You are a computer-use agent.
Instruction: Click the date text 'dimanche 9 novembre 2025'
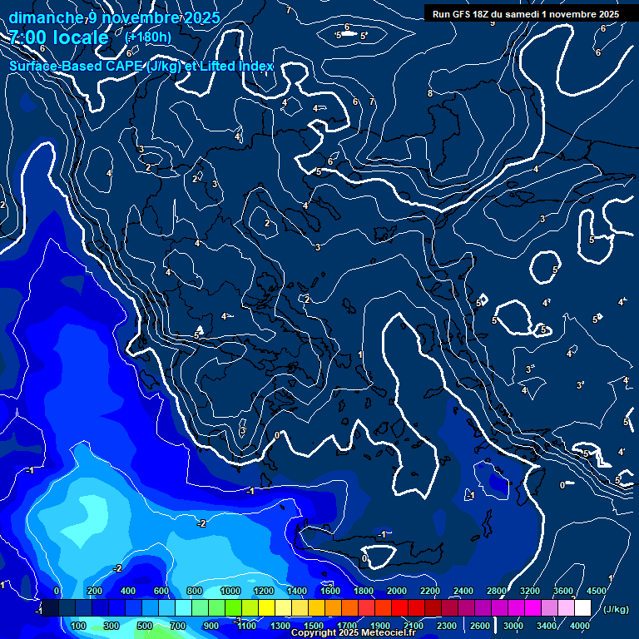[x=115, y=17]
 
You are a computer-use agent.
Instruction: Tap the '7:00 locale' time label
[x=58, y=37]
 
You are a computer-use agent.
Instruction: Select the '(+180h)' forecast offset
[x=148, y=37]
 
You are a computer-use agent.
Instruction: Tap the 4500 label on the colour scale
[x=597, y=590]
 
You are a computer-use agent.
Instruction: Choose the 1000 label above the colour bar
[x=230, y=590]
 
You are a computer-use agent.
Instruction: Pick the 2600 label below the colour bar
[x=480, y=626]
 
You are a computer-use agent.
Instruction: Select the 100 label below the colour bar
[x=79, y=626]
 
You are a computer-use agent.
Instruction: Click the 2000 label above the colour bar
[x=397, y=590]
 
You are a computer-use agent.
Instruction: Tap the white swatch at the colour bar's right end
[x=582, y=608]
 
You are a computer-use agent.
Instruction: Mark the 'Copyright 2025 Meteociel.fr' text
[x=354, y=633]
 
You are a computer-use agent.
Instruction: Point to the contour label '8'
[x=430, y=93]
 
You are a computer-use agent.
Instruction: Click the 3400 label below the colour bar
[x=547, y=626]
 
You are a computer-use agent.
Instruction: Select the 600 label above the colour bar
[x=162, y=590]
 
